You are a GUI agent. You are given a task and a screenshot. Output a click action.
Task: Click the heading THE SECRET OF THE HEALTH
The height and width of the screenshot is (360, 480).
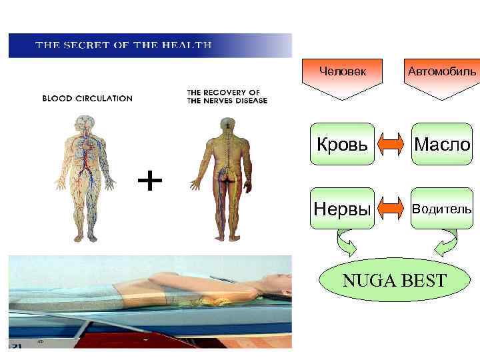pos(123,45)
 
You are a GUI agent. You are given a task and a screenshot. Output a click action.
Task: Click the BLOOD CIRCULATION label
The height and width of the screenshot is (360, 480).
pos(87,98)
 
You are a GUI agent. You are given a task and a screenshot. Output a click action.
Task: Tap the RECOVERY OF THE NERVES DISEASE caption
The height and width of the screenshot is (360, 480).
pos(227,96)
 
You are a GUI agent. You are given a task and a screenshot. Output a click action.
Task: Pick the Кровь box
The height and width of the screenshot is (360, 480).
pos(342,143)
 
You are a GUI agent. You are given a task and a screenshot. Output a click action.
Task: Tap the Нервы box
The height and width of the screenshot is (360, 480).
pos(342,209)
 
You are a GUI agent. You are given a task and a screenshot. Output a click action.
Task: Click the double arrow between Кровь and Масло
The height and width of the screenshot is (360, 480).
pos(393,143)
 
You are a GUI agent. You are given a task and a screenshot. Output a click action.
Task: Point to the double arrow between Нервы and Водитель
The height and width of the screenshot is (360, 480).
pos(393,209)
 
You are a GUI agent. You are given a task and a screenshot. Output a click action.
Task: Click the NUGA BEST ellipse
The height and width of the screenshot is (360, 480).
pos(394,280)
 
